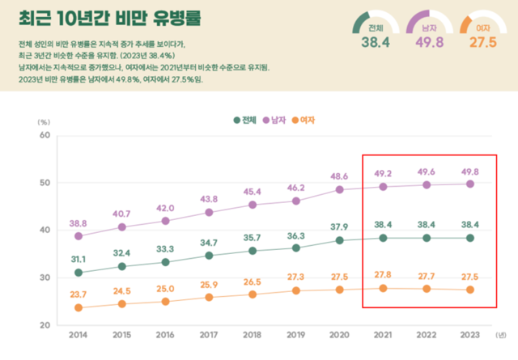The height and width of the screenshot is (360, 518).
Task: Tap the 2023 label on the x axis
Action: pos(469,333)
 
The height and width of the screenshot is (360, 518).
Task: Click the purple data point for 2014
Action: pos(79,236)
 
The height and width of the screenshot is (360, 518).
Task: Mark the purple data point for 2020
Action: pos(339,189)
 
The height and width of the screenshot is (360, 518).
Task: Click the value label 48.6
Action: pos(339,176)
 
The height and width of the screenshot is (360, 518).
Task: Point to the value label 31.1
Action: pos(79,258)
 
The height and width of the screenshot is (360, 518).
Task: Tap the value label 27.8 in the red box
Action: pos(383,275)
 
